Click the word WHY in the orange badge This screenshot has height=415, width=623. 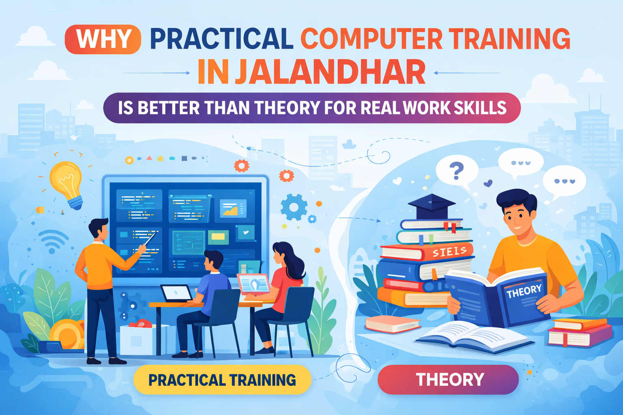tap(103, 39)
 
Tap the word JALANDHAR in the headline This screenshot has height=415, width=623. tap(330, 72)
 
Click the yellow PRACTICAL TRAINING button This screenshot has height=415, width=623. tap(222, 380)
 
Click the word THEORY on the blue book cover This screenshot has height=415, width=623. tap(524, 291)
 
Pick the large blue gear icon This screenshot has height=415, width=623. tap(294, 207)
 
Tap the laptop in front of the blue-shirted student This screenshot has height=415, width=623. tap(176, 293)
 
